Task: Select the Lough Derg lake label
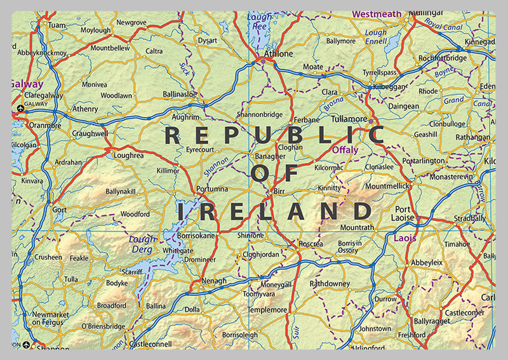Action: click(x=142, y=244)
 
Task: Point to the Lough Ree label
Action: click(x=259, y=22)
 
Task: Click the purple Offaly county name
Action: click(x=345, y=150)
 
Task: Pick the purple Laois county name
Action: click(x=406, y=239)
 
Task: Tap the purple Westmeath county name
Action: click(x=377, y=13)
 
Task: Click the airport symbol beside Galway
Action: click(x=21, y=109)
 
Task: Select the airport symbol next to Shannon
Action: click(x=26, y=345)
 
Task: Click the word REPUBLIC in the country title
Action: click(x=274, y=135)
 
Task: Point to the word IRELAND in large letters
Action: click(x=274, y=211)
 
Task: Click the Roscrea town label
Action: click(x=311, y=244)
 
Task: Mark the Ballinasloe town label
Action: click(x=181, y=94)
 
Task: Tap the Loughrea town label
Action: click(x=129, y=155)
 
